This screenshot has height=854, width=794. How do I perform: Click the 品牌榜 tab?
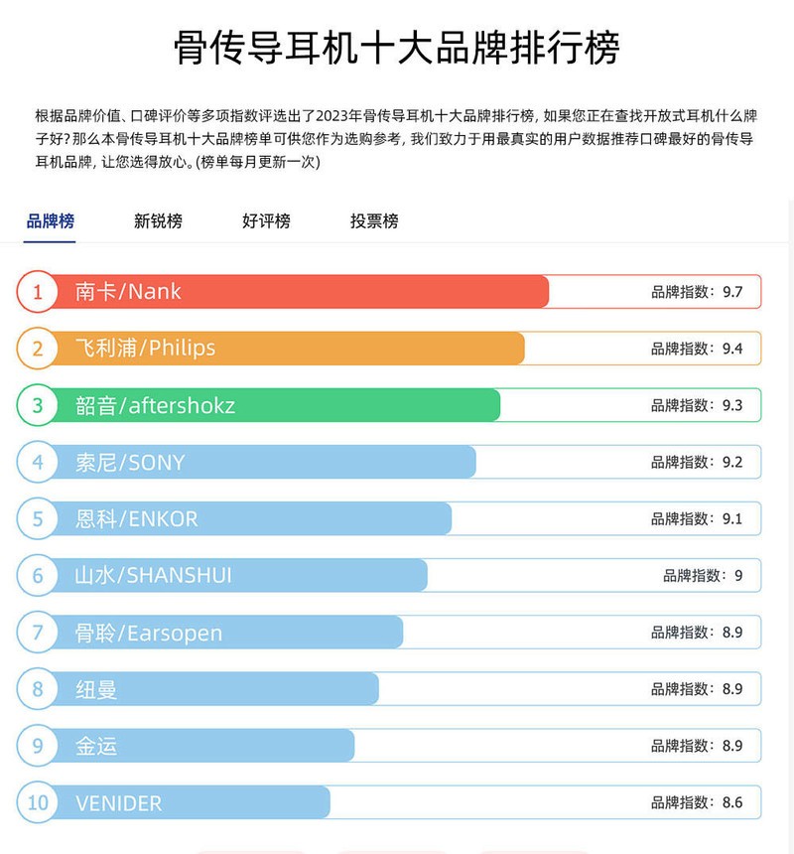click(50, 221)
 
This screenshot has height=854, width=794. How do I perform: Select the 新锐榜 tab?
click(158, 221)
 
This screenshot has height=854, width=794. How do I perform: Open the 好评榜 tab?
click(266, 221)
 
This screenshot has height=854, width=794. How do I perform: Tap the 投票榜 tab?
click(374, 221)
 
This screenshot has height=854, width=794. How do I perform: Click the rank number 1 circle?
click(38, 292)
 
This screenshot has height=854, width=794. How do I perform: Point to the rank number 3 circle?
click(38, 405)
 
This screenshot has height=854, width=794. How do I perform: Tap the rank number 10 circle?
click(38, 802)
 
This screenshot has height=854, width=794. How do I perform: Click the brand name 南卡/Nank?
click(128, 292)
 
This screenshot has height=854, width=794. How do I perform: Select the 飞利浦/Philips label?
click(145, 349)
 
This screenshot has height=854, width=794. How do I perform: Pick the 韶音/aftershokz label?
click(155, 405)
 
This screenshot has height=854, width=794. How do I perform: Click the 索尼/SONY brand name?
click(130, 462)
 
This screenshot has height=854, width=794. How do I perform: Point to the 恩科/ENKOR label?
click(136, 518)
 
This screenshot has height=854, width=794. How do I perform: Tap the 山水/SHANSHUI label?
click(153, 575)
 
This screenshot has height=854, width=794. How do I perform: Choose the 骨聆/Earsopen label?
click(149, 633)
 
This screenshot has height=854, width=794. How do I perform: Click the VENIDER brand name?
click(118, 802)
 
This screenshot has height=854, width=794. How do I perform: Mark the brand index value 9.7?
click(732, 292)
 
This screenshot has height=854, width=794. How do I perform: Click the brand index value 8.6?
click(732, 802)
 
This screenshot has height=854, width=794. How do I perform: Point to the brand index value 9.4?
click(732, 349)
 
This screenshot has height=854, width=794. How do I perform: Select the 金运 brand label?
click(96, 746)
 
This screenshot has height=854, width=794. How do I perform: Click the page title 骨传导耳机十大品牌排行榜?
click(397, 47)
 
